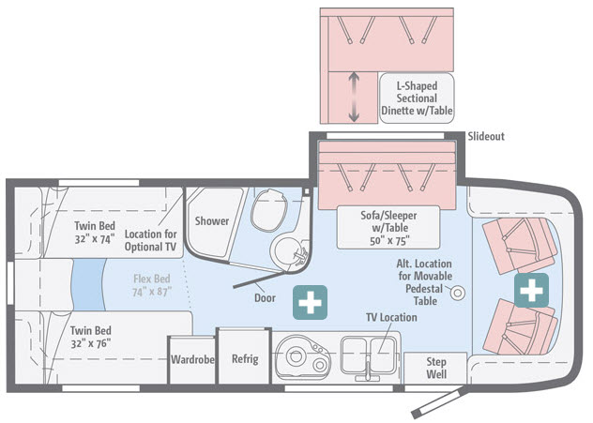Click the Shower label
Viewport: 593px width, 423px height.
(212, 220)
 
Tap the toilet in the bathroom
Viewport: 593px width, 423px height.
(269, 210)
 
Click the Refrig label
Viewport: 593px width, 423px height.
(245, 358)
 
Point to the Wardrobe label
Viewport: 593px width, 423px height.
(192, 359)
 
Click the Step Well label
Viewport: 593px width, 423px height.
(436, 368)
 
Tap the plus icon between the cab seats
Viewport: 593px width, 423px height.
(531, 291)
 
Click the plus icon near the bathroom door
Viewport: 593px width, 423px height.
(311, 302)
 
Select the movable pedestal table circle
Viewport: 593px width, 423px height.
(458, 293)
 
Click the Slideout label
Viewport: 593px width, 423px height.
(486, 136)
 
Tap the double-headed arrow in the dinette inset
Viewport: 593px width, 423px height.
(354, 98)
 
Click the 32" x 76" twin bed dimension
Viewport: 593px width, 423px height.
(91, 343)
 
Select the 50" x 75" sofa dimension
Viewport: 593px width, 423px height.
(389, 241)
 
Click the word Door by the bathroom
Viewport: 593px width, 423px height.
(265, 298)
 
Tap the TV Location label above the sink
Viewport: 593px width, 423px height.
(391, 317)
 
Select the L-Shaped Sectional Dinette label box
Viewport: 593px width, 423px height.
(417, 98)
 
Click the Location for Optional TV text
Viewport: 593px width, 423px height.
(150, 240)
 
